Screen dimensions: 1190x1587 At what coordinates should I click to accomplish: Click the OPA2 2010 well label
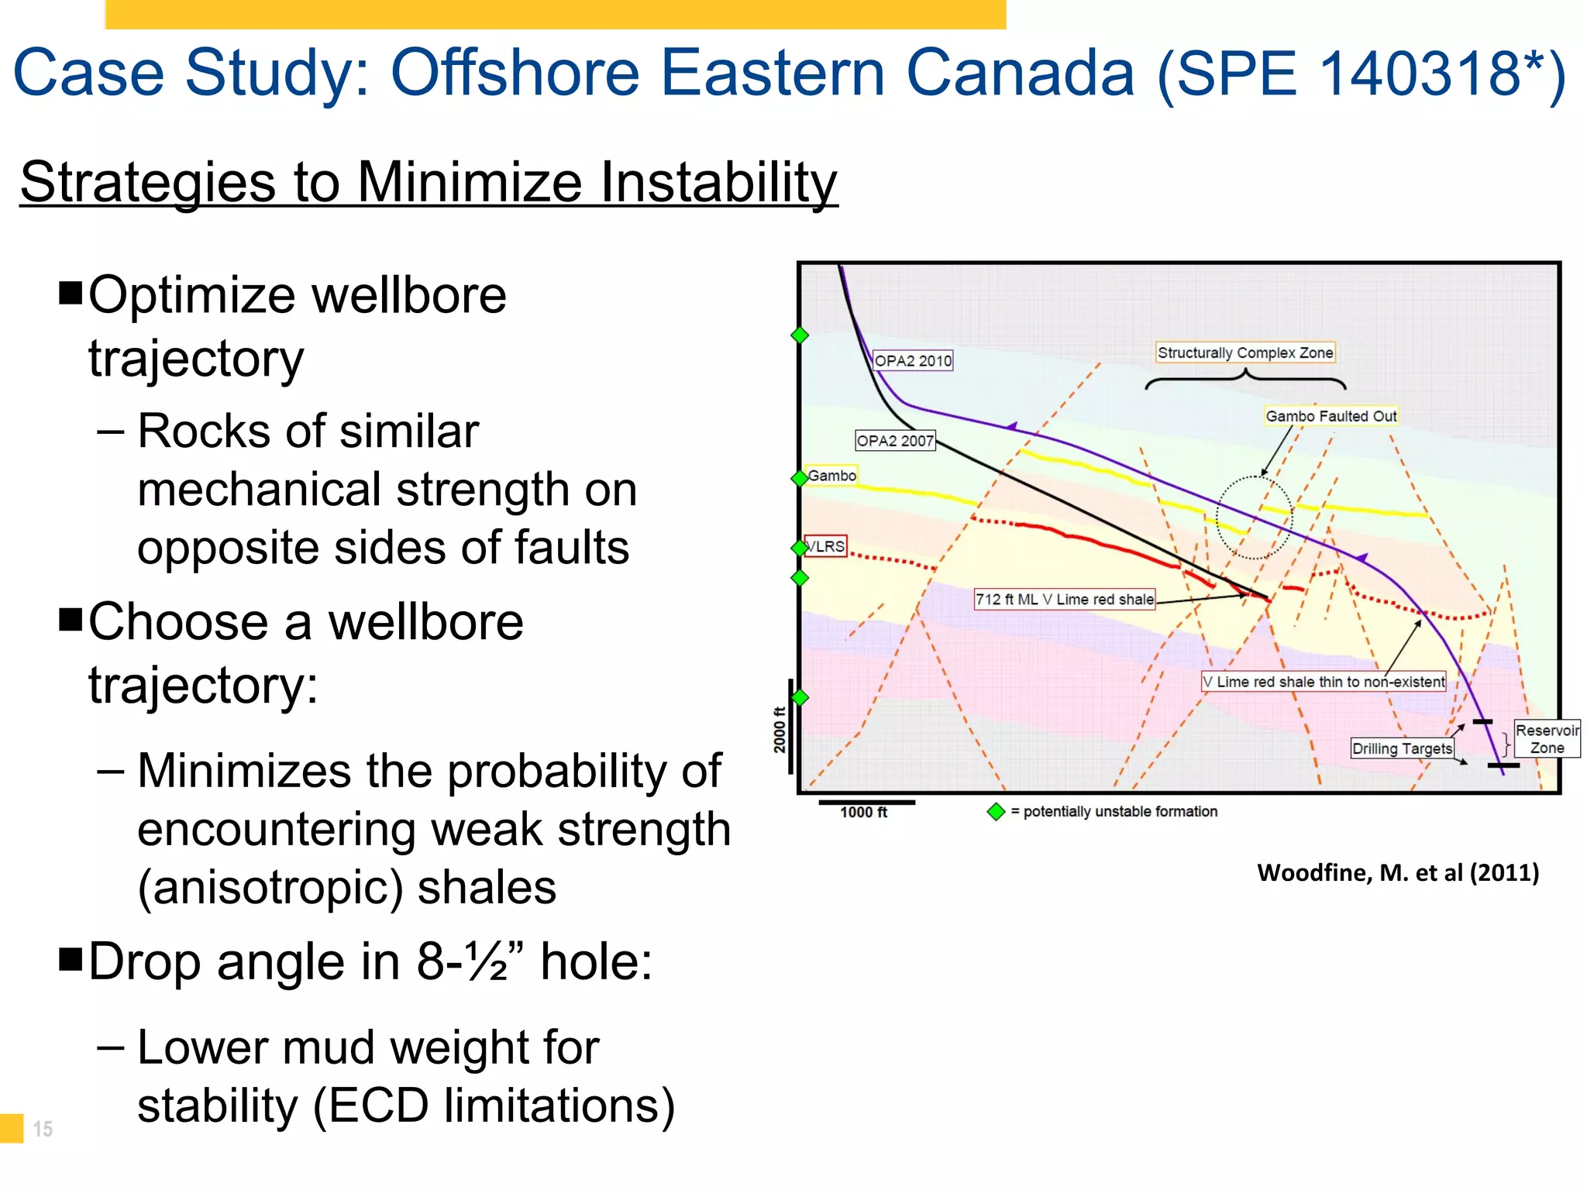912,360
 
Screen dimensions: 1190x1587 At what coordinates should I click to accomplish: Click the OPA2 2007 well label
895,440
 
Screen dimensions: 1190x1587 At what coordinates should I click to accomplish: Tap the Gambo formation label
831,475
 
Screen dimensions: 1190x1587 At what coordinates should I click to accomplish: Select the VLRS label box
826,546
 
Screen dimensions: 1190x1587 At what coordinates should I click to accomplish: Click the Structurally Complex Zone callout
1244,353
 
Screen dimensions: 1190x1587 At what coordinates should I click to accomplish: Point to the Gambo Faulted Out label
1331,416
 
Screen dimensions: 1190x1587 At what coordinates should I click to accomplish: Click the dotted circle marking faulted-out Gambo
1254,518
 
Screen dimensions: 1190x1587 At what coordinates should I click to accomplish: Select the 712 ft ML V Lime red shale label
1064,599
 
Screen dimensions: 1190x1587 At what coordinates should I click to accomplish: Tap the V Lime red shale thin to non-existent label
1323,682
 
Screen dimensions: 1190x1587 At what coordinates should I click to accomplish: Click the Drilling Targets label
1401,748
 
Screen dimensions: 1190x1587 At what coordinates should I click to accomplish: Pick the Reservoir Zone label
1547,739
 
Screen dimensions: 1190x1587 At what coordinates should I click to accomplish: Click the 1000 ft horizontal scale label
863,812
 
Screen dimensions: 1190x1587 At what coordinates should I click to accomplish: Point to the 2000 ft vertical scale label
780,730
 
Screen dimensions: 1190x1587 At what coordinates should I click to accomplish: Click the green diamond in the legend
996,812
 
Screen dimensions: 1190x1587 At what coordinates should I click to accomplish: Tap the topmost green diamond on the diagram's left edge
800,335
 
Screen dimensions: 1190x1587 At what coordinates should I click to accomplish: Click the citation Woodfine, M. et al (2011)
1397,873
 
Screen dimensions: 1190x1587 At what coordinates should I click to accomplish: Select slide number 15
43,1129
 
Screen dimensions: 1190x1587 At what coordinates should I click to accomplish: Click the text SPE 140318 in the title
1361,74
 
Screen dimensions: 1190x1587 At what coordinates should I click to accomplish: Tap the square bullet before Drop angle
71,959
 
